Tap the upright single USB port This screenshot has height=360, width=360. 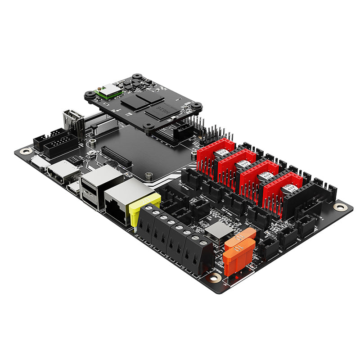(x=74, y=122)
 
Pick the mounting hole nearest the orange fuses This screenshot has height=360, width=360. (x=216, y=278)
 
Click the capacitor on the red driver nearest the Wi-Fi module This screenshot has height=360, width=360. (x=221, y=153)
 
